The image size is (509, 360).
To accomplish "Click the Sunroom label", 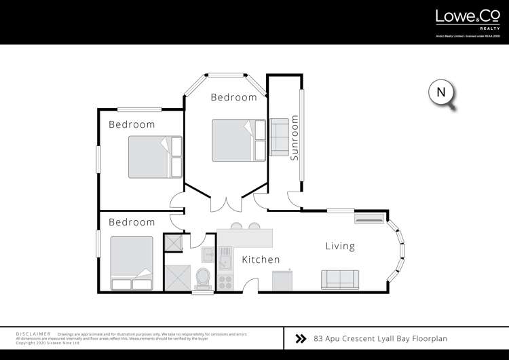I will (295, 138).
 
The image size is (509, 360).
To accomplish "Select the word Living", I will (339, 246).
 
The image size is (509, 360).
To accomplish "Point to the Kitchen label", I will (261, 259).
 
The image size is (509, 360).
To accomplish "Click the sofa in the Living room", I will (340, 279).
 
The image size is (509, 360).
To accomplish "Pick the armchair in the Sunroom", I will (279, 137).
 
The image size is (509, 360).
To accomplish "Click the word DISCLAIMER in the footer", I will (33, 334).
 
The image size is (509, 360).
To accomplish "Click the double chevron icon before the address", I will (301, 338).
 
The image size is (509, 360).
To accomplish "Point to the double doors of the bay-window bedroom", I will (225, 203).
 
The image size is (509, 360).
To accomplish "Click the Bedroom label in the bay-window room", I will (233, 97).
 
